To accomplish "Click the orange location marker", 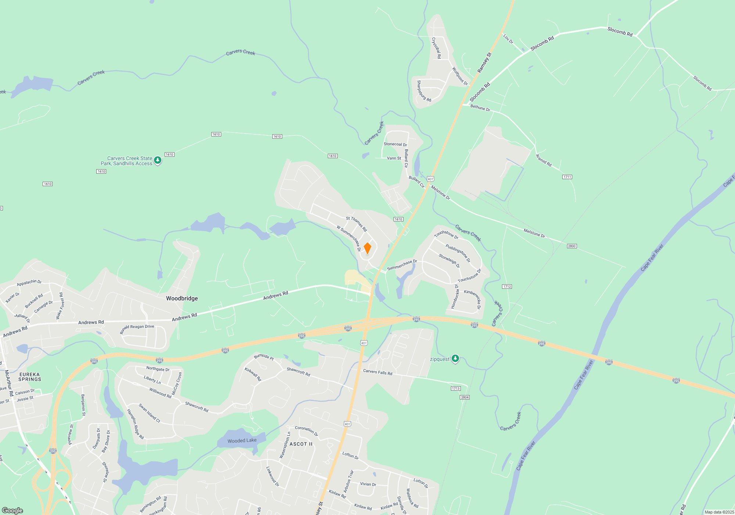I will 367,248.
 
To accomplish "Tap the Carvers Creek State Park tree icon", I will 158,160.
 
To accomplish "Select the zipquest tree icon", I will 455,359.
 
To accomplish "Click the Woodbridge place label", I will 182,298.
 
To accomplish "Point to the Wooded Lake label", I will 242,440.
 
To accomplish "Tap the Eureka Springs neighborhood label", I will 30,377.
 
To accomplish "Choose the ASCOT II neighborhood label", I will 301,444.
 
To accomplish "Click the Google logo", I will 12,510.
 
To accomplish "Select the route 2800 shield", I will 571,246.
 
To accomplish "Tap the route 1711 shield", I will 567,177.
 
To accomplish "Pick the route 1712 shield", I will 507,287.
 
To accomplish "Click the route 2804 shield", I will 465,397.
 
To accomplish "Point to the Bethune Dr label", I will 480,108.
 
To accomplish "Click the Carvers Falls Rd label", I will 377,372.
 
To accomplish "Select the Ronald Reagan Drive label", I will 137,329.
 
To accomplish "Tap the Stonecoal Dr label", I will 395,144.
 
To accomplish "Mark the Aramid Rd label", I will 544,160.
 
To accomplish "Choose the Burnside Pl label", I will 264,357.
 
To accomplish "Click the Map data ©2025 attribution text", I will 719,512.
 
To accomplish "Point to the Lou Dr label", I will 508,39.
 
